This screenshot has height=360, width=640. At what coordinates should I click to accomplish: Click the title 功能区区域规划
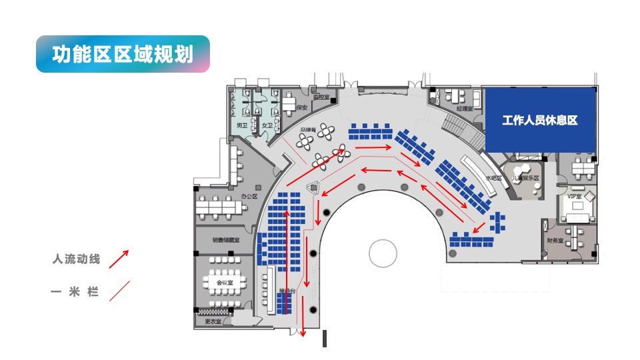[x=123, y=54]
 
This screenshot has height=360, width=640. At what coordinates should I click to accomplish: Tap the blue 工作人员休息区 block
[x=539, y=121]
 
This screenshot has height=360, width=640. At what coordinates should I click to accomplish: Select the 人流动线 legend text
[x=76, y=259]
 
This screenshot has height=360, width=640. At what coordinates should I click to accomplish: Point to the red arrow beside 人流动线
[x=119, y=259]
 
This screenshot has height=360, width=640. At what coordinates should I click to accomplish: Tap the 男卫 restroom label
[x=241, y=125]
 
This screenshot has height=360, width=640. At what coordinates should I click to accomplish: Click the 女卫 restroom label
[x=267, y=125]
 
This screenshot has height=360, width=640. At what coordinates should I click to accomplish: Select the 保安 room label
[x=301, y=107]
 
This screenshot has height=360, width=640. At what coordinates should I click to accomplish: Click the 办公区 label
[x=249, y=197]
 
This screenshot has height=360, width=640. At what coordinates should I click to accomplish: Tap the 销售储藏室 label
[x=223, y=240]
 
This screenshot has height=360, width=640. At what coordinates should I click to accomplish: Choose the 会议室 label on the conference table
[x=224, y=283]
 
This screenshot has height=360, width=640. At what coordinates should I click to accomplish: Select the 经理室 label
[x=464, y=108]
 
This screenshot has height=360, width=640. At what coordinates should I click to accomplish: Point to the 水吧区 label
[x=493, y=179]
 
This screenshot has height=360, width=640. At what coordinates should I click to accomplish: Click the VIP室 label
[x=574, y=197]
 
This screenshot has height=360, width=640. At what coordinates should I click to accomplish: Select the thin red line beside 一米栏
[x=119, y=291]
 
